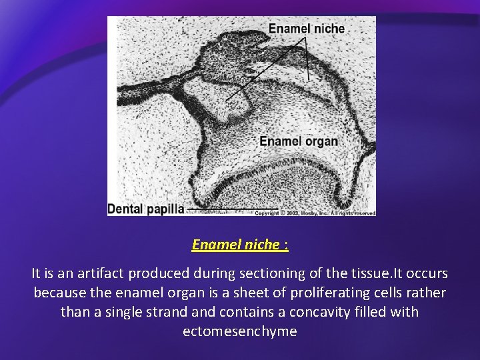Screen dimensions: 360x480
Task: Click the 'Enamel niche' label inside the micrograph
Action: [306, 29]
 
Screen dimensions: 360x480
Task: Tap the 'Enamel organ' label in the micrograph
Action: [298, 141]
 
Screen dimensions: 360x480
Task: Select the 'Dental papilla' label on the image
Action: [146, 209]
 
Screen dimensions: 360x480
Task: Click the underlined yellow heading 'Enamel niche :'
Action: [240, 245]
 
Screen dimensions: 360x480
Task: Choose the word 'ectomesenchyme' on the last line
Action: [240, 331]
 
